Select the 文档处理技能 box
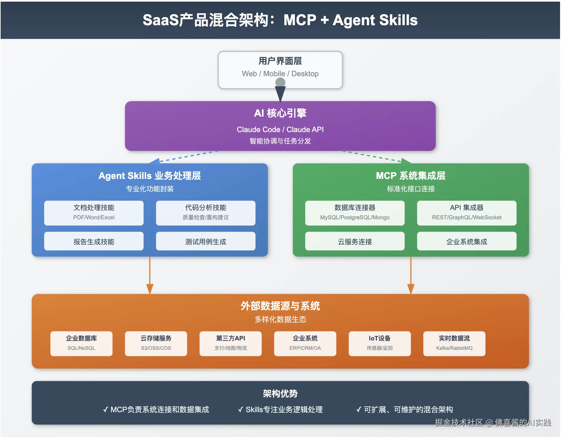(94, 213)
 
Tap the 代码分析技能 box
(206, 213)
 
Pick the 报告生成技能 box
(94, 241)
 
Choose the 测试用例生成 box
(206, 241)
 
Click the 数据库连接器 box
(355, 213)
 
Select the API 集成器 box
(467, 213)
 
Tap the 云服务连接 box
(355, 241)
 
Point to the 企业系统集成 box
(467, 241)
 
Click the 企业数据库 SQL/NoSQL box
(81, 343)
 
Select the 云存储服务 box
(156, 343)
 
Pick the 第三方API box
(230, 343)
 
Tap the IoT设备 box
(379, 343)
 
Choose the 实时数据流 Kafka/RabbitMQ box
(454, 343)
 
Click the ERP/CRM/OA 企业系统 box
(305, 343)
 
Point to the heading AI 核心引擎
(280, 113)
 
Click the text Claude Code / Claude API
(280, 130)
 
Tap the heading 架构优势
(280, 393)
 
